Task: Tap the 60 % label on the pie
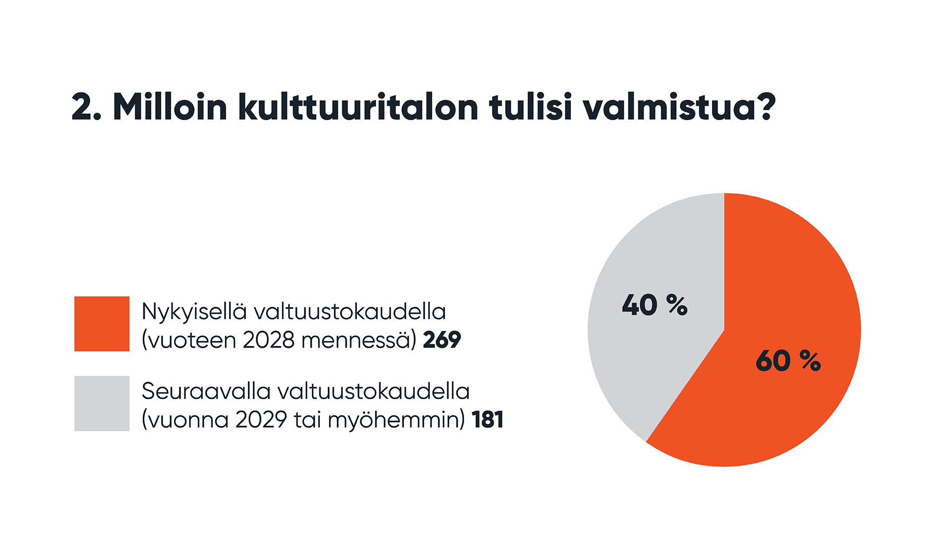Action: click(x=788, y=361)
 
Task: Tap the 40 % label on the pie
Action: click(x=654, y=305)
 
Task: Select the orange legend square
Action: click(x=102, y=324)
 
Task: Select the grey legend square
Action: click(x=102, y=403)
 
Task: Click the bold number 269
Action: click(x=442, y=340)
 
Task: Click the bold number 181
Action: click(x=488, y=420)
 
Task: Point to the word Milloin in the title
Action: click(x=170, y=107)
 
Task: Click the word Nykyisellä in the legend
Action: click(x=194, y=312)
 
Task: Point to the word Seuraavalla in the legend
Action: click(x=206, y=391)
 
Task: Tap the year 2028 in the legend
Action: click(x=269, y=340)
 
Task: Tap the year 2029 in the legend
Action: click(x=261, y=420)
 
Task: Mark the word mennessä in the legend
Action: click(x=358, y=340)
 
